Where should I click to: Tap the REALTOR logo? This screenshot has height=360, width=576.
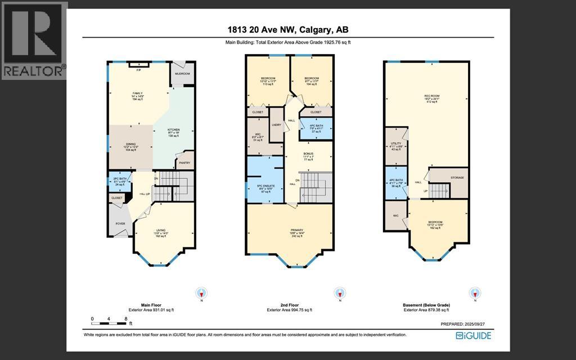[x=34, y=40]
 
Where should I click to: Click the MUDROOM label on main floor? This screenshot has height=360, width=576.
[x=182, y=74]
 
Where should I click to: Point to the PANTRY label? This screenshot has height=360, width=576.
[x=184, y=163]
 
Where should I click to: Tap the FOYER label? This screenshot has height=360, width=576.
[x=120, y=223]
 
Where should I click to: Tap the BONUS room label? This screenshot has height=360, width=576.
[x=308, y=154]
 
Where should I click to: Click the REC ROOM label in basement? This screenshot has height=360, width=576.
[x=431, y=97]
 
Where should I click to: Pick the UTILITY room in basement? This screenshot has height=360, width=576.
[x=394, y=145]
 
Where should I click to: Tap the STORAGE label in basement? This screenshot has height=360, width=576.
[x=457, y=178]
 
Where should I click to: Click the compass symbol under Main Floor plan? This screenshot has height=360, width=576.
[x=201, y=293]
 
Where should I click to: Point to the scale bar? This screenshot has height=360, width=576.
[x=110, y=321]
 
